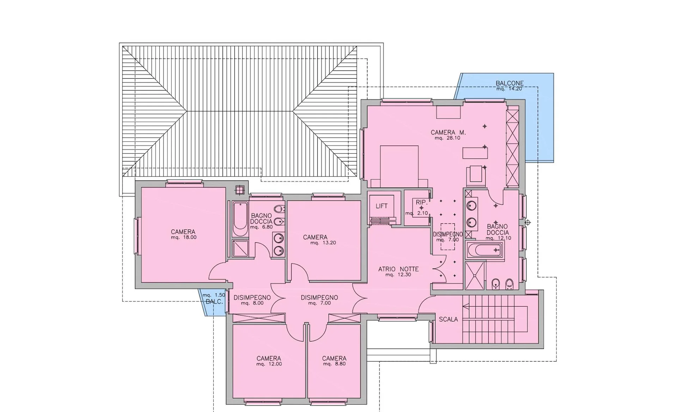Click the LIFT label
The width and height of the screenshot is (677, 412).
(x=382, y=206)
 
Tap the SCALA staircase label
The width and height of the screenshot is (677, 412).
(x=448, y=319)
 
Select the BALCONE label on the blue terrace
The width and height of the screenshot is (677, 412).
(x=510, y=83)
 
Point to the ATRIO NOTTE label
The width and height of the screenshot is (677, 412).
(x=398, y=269)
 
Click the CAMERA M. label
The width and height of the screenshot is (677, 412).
(x=448, y=133)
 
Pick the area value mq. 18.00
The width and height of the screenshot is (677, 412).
(x=183, y=238)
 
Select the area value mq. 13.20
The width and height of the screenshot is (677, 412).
(x=323, y=243)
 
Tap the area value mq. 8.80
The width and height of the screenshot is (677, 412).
(x=334, y=364)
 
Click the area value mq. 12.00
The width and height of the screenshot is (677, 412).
(x=269, y=364)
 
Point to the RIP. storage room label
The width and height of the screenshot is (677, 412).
(x=421, y=202)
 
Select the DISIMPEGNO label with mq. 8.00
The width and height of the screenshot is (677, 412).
(x=252, y=297)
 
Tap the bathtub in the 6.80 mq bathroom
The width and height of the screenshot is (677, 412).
(x=240, y=219)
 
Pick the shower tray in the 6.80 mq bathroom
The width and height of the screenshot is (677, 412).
(x=240, y=248)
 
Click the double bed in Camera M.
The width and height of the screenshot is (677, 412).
(x=399, y=166)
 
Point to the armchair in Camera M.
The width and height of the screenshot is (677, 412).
(x=475, y=176)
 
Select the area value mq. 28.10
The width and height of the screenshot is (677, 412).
(x=447, y=138)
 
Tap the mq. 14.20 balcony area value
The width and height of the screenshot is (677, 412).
(x=509, y=89)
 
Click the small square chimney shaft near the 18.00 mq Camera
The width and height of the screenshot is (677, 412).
(x=240, y=190)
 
